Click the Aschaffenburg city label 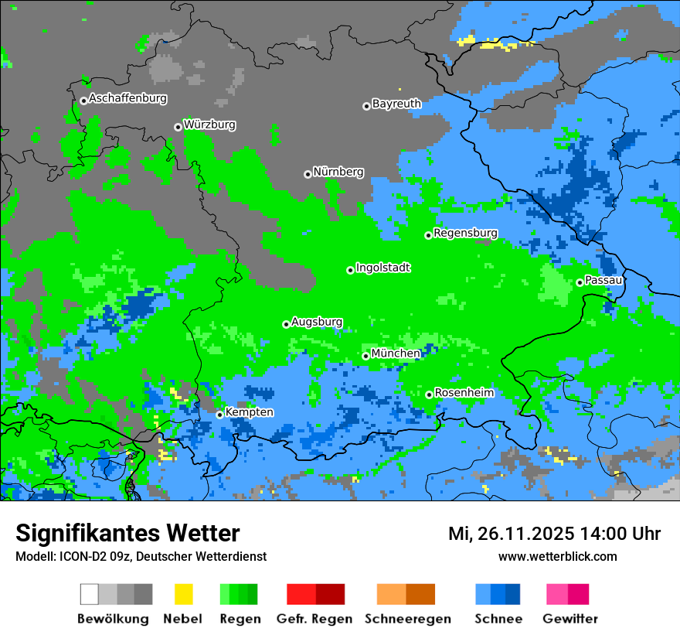pos(127,98)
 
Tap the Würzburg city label pos(209,125)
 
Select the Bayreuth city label pos(396,104)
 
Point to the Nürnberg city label pos(338,172)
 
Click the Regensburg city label pos(465,233)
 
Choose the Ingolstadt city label pos(382,268)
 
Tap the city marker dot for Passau pos(580,282)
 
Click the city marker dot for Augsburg pos(286,324)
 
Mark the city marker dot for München pos(365,356)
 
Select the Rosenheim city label pos(464,393)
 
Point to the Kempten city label pos(249,412)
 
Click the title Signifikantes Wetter pos(127,533)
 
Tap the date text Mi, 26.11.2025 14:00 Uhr pos(554,534)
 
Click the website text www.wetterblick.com pos(557,556)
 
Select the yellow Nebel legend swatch pos(183,594)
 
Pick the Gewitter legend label pos(570,619)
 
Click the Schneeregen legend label pos(408,619)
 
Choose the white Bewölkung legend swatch pos(90,594)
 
